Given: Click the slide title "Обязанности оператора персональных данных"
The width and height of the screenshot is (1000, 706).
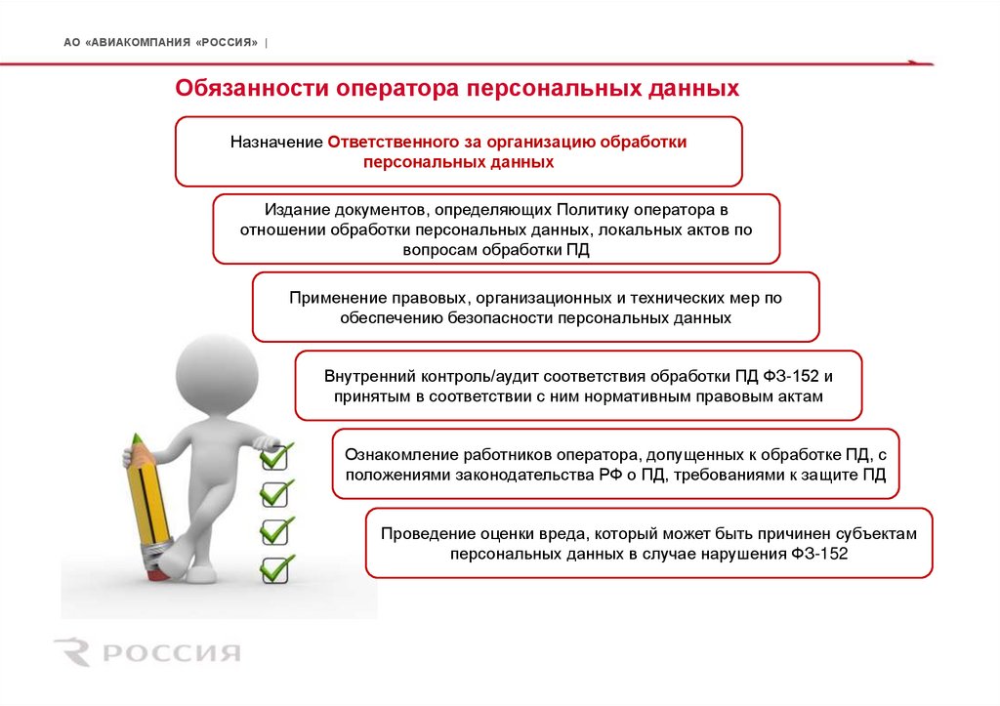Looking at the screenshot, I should [457, 89].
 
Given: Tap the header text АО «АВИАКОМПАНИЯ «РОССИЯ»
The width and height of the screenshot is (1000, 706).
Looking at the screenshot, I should [161, 43].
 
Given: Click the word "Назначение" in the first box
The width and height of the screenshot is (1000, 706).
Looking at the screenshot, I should [276, 143].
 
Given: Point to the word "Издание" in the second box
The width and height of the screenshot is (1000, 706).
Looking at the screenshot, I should [291, 210].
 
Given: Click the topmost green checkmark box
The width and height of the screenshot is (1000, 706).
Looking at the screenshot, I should [275, 454].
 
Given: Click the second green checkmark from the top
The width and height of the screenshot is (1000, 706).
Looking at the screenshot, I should [275, 492].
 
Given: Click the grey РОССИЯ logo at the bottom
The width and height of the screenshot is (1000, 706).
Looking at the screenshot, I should [146, 652].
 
